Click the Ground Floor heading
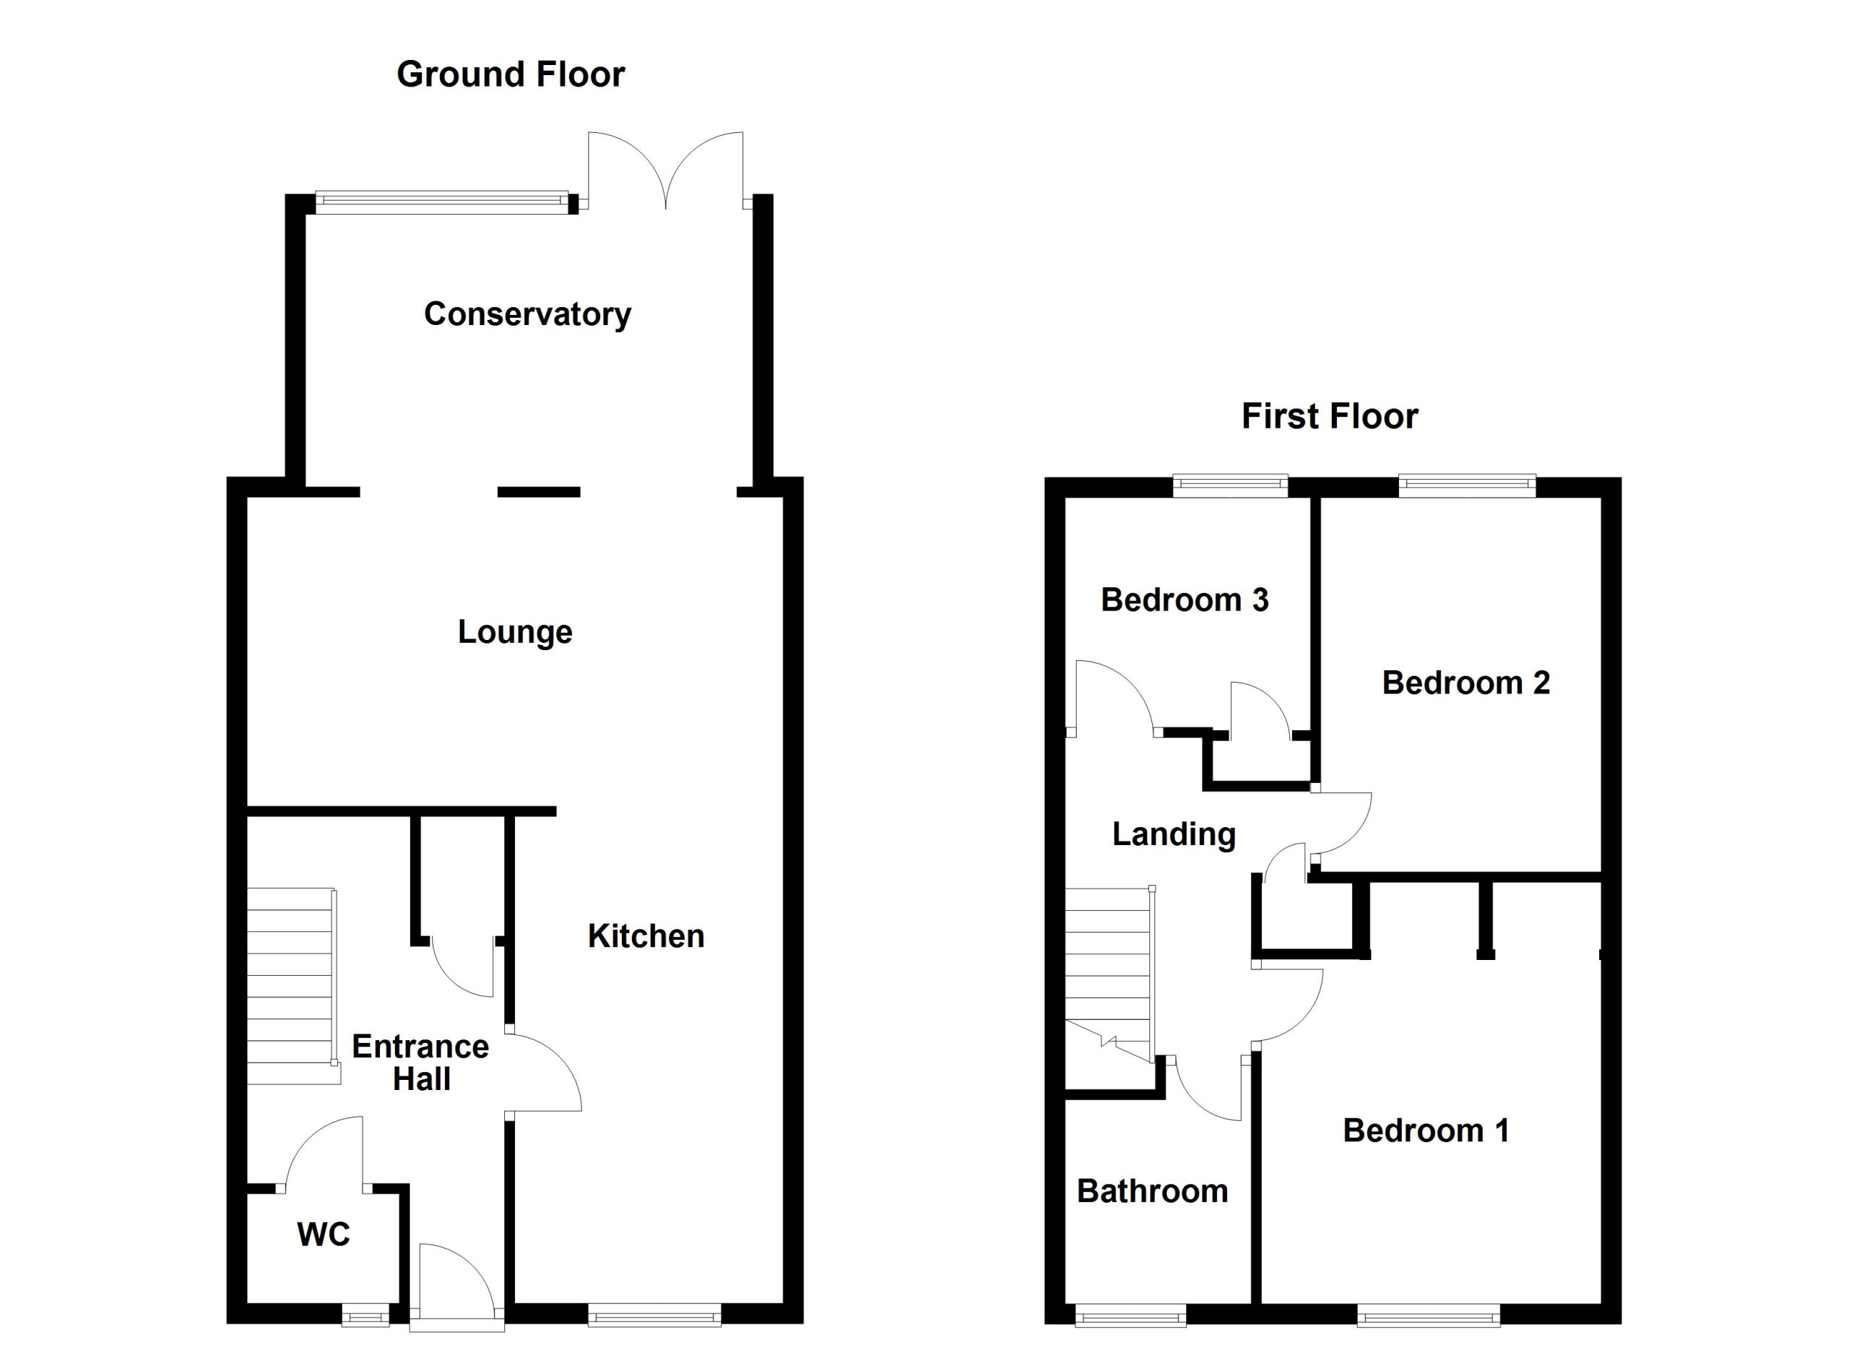click(511, 74)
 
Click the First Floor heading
click(1330, 416)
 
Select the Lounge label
click(515, 633)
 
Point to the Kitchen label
click(646, 936)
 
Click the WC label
click(324, 1235)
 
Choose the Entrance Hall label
click(420, 1062)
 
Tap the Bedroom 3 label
click(1185, 600)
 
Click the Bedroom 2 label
click(1465, 683)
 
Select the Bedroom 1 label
click(1426, 1130)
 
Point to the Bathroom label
click(1152, 1192)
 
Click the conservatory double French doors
click(665, 170)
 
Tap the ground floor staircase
click(292, 986)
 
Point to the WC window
click(365, 1314)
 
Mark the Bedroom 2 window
click(1468, 487)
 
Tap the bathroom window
click(1131, 1314)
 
